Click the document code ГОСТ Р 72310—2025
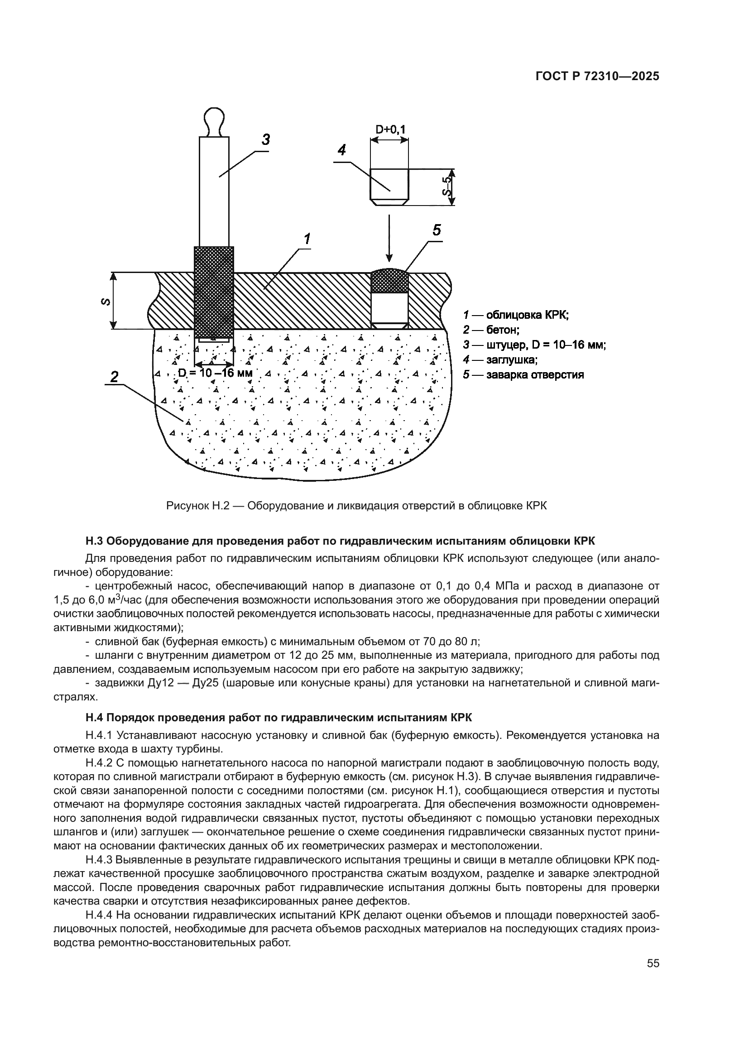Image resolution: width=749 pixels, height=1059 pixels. coord(597,77)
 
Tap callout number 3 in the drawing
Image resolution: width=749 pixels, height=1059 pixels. coord(266,139)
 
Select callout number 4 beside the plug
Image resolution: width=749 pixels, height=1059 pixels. coord(342,150)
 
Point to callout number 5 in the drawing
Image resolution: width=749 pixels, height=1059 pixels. coord(436,229)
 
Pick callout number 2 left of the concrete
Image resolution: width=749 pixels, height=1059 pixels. coord(114,377)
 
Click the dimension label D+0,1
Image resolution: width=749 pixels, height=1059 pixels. coord(390,129)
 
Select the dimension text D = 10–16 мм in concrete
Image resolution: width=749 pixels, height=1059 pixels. coord(216,373)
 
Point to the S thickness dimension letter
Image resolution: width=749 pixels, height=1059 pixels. coord(106,302)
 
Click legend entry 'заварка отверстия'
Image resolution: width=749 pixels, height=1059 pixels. coord(523,374)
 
